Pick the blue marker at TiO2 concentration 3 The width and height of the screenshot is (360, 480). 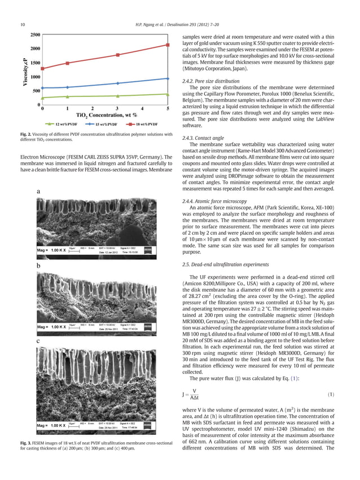[118, 83]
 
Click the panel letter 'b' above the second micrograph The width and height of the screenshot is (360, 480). [38, 265]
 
